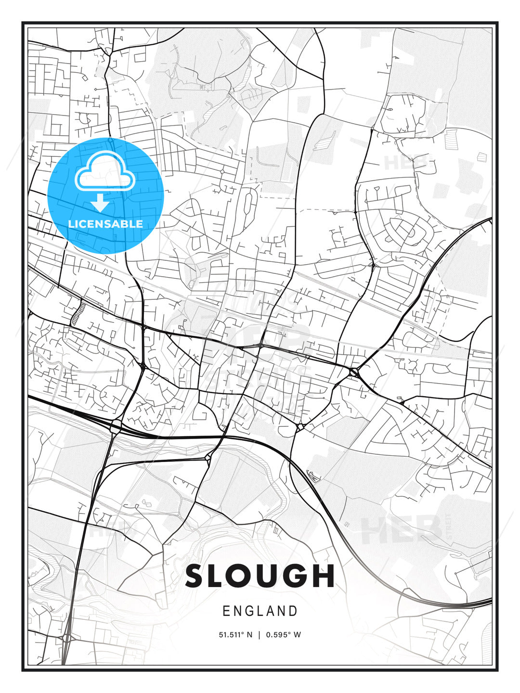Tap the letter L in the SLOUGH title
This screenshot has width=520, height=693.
(221, 576)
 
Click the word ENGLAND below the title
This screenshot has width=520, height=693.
(260, 611)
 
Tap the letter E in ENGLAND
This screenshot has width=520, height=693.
(226, 611)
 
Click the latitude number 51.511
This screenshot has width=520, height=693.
(233, 635)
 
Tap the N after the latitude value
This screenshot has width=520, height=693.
(249, 635)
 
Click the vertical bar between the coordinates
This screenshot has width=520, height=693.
(260, 635)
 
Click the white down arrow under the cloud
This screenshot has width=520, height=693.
(101, 202)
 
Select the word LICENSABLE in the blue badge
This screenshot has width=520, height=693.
(105, 224)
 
